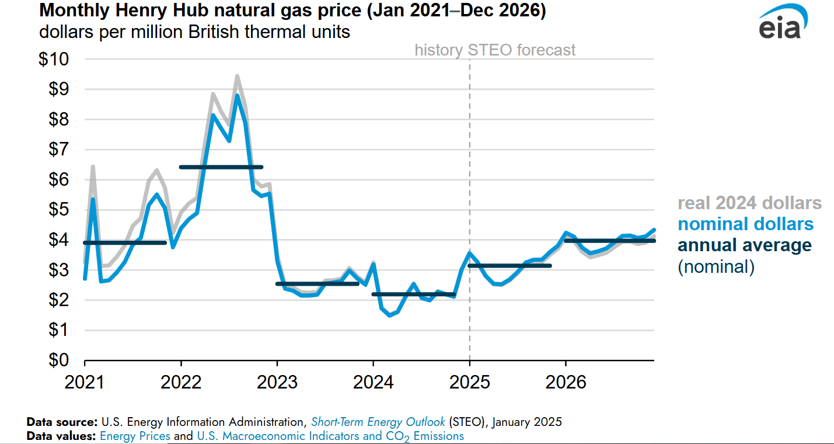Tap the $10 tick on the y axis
(54, 60)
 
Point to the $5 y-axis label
(58, 210)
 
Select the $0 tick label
(58, 360)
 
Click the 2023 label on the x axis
(277, 383)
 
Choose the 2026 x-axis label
(566, 383)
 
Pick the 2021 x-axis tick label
(85, 383)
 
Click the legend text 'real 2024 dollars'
(749, 203)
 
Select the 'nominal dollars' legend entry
(745, 224)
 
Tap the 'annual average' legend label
(744, 245)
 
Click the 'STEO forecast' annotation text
(522, 50)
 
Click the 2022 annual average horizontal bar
(221, 167)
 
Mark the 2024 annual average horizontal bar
(413, 294)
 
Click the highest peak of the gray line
(237, 76)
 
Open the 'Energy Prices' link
(135, 436)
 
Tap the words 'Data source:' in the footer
(61, 422)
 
